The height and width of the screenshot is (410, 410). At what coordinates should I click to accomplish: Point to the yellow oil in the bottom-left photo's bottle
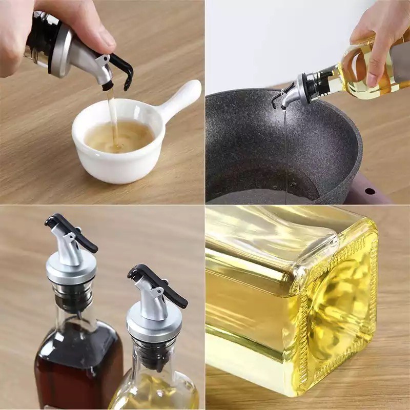(x=154, y=392)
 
